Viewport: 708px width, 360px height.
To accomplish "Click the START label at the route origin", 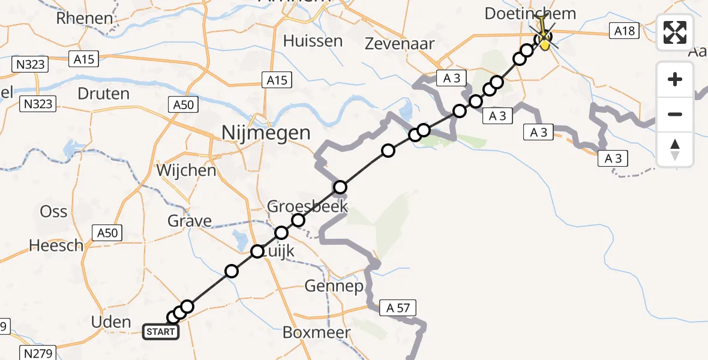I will click(x=160, y=331).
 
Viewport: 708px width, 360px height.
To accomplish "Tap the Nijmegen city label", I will click(x=266, y=133).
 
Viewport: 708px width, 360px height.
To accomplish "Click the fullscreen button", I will click(x=675, y=32).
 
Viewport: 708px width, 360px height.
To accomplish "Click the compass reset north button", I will click(x=675, y=149).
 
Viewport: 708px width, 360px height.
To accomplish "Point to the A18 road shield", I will click(x=624, y=31).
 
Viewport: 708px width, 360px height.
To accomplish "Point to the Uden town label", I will click(x=112, y=322).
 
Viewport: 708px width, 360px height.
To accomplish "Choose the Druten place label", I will click(x=104, y=94).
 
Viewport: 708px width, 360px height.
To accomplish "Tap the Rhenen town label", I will click(x=85, y=18).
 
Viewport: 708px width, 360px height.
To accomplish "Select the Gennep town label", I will click(x=334, y=286).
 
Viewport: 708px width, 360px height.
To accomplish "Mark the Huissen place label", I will click(x=313, y=41).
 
